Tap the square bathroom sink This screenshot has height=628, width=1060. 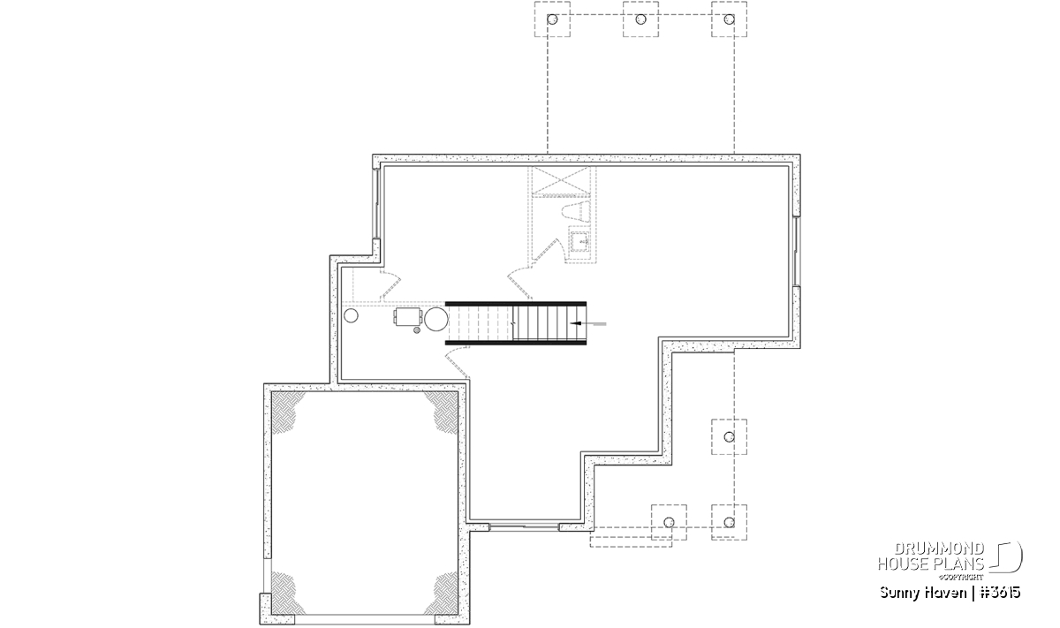click(580, 242)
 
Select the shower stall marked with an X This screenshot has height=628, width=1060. click(561, 180)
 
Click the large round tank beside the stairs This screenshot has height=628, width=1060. click(435, 320)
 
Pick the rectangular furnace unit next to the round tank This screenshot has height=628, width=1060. click(408, 317)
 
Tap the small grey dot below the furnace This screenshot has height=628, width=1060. click(417, 330)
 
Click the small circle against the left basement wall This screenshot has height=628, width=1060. click(352, 315)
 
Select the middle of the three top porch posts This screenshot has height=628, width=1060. click(640, 19)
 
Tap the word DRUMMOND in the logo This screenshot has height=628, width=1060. click(939, 549)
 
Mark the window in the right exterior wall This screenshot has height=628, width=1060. click(797, 252)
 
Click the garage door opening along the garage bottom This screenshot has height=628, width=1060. click(364, 619)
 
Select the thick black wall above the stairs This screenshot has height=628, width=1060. click(516, 304)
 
